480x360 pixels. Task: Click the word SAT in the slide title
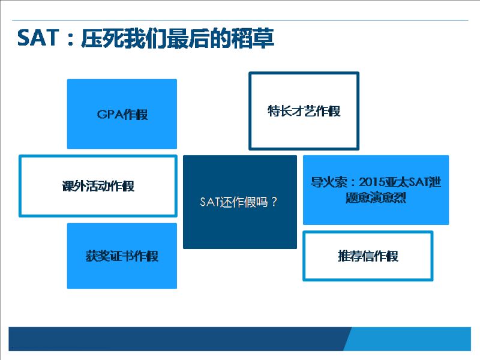pos(38,38)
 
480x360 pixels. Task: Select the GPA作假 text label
pos(122,115)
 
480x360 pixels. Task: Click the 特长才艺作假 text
pos(304,111)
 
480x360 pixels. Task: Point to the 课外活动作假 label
pos(98,186)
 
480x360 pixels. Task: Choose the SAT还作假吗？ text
pos(239,202)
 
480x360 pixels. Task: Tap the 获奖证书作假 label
pos(122,256)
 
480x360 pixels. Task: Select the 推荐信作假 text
pos(368,256)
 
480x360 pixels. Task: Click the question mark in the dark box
pos(274,202)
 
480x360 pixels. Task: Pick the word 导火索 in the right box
pos(329,182)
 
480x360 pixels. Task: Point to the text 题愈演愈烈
pos(376,197)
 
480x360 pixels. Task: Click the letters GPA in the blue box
pos(110,115)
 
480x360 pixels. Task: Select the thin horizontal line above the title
pos(241,20)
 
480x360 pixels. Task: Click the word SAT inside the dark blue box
pos(209,202)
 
